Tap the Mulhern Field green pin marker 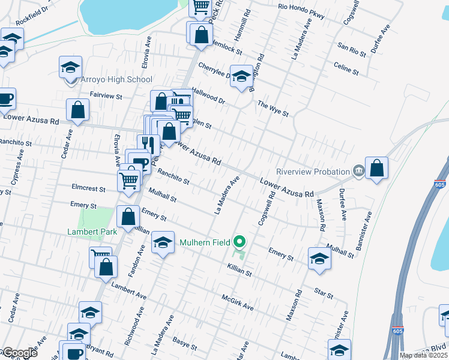(240, 242)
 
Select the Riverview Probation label (313, 171)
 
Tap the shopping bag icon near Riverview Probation (376, 169)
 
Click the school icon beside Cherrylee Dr (242, 77)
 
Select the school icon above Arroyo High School (70, 67)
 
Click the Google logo (19, 353)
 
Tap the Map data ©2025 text (423, 355)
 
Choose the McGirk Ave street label (238, 302)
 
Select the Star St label (324, 293)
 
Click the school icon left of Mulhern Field (163, 243)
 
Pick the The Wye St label (273, 109)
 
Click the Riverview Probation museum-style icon (358, 171)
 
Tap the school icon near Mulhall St (319, 259)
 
